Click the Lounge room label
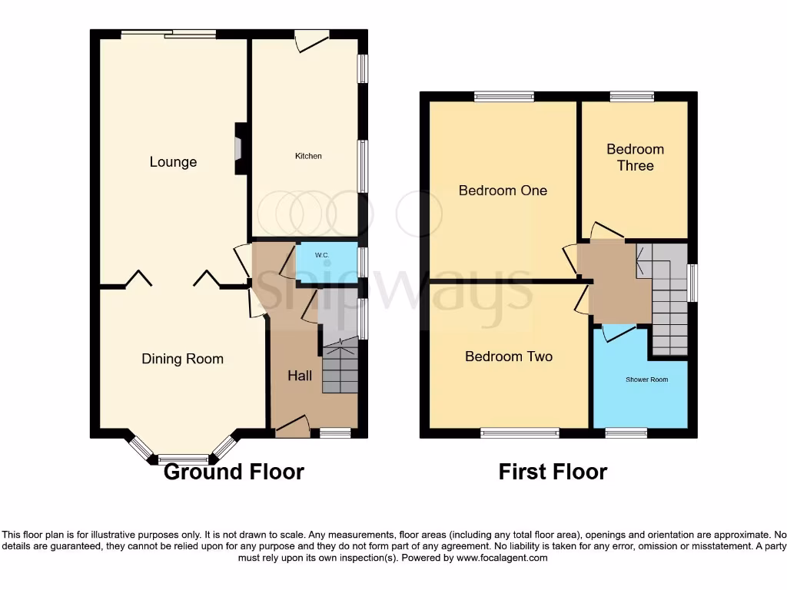(x=173, y=162)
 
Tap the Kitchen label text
(x=308, y=156)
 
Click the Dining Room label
(x=182, y=359)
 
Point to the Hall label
(x=300, y=376)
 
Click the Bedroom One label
(x=503, y=190)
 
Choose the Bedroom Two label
(x=508, y=356)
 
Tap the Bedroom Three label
(x=635, y=157)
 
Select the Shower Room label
(x=646, y=380)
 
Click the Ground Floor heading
(x=234, y=472)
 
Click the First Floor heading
(x=553, y=472)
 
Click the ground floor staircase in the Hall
(x=340, y=367)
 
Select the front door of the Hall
(x=292, y=427)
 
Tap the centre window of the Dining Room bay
(x=183, y=459)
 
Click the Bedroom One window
(x=503, y=97)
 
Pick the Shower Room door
(x=619, y=332)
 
